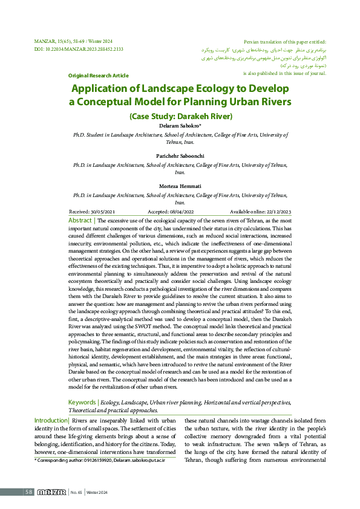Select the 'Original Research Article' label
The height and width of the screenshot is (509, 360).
coord(98,76)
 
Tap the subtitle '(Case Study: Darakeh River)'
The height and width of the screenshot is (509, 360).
coord(180,116)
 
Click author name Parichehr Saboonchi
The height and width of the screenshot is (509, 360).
coord(180,155)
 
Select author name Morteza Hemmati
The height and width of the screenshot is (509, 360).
coord(180,186)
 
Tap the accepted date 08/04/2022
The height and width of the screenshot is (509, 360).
coord(181,212)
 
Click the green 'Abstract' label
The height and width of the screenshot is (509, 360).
coord(80,221)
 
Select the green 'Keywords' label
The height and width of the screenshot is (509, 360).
coord(82,402)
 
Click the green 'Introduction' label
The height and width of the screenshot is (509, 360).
coord(51,420)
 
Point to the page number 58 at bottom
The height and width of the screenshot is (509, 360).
coord(28,492)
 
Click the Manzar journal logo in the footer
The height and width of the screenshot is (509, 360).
coord(51,492)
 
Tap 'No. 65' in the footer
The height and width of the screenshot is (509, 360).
coord(76,492)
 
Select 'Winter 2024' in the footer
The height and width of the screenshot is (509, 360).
coord(97,492)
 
